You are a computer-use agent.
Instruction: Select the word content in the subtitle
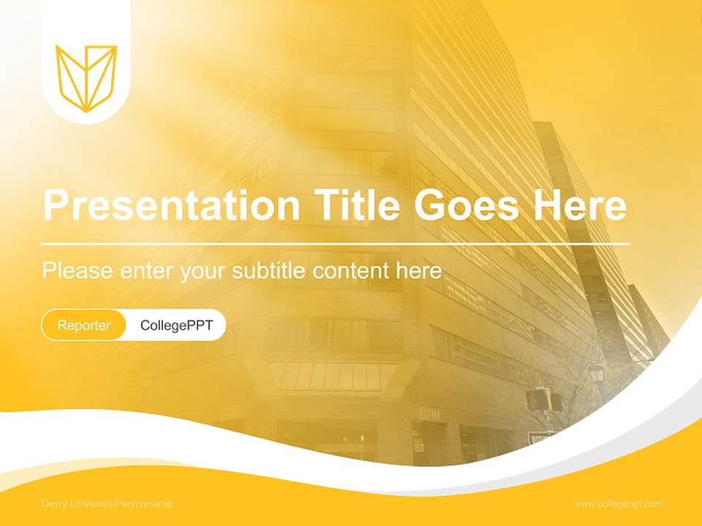[x=351, y=271]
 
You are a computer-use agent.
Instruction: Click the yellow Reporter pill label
[x=84, y=325]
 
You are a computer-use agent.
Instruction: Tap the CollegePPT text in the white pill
[x=176, y=325]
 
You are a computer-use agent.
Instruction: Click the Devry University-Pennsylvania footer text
[x=107, y=504]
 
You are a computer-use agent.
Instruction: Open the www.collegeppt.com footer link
[x=618, y=504]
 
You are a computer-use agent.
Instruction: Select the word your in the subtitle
[x=205, y=272]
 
